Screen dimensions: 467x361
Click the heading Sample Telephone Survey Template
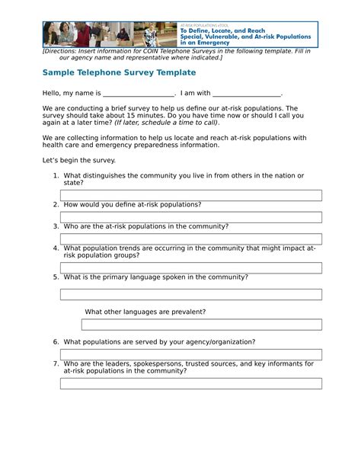pyautogui.click(x=119, y=72)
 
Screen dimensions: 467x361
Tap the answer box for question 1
pyautogui.click(x=190, y=195)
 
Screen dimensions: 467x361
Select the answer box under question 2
pyautogui.click(x=190, y=216)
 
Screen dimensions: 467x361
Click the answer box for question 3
pyautogui.click(x=190, y=238)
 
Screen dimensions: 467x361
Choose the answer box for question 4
pyautogui.click(x=190, y=267)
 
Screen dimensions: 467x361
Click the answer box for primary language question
pyautogui.click(x=190, y=294)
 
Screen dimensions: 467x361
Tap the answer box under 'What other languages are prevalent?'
pyautogui.click(x=201, y=325)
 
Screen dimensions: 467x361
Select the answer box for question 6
pyautogui.click(x=190, y=354)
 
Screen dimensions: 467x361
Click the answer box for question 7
pyautogui.click(x=190, y=383)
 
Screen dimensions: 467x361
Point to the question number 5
pyautogui.click(x=56, y=277)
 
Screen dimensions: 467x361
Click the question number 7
pyautogui.click(x=56, y=363)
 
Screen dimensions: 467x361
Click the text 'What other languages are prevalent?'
pyautogui.click(x=145, y=312)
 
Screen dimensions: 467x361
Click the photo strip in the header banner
pyautogui.click(x=110, y=34)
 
